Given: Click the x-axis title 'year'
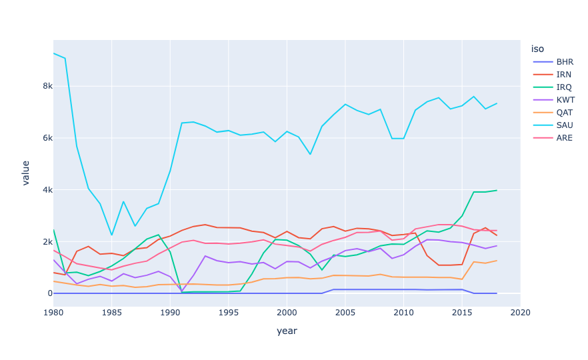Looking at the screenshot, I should tap(287, 331).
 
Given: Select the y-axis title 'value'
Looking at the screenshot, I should tap(25, 173).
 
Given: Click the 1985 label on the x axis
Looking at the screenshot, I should tap(111, 312).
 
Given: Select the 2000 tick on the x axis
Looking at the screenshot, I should tap(287, 312).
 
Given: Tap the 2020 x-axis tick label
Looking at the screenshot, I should tap(520, 312).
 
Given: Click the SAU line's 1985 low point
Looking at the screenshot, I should tap(112, 235).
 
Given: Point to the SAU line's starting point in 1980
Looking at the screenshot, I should tap(53, 53).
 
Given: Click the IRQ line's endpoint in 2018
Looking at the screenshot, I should tap(497, 191).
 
